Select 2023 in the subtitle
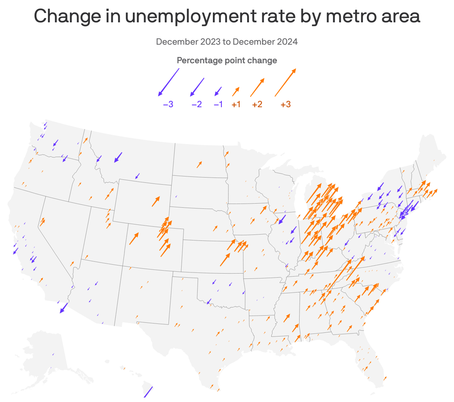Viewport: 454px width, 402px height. point(211,42)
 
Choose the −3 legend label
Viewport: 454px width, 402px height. point(168,105)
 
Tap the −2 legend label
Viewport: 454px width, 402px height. point(196,105)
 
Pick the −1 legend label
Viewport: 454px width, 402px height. point(218,105)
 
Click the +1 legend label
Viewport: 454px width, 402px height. point(236,105)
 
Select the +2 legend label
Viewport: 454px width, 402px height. point(257,105)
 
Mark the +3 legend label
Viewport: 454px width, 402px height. point(285,105)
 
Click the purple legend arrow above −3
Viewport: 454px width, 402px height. point(169,82)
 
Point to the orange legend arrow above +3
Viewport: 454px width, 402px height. point(285,82)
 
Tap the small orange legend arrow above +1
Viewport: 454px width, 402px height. point(236,92)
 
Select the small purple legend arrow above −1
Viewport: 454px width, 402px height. point(218,92)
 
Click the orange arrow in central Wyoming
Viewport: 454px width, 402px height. point(156,201)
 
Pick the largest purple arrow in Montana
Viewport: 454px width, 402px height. point(118,157)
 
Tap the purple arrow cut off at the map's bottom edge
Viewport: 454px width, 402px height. point(148,392)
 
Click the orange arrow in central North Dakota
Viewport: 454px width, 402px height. point(199,165)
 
